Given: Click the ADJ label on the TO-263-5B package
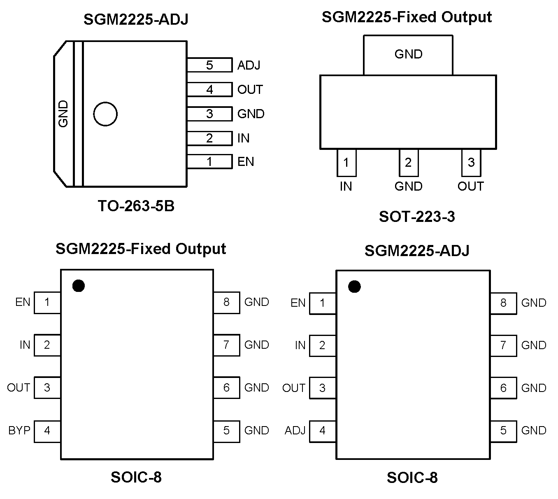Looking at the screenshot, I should pyautogui.click(x=249, y=65).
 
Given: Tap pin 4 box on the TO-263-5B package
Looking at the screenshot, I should pyautogui.click(x=209, y=89).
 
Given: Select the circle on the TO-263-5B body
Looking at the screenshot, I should pyautogui.click(x=105, y=114).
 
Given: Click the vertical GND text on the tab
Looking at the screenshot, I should pyautogui.click(x=63, y=114).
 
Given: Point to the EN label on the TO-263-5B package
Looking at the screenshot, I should pyautogui.click(x=246, y=161).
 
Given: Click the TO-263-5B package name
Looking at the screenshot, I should pyautogui.click(x=136, y=206).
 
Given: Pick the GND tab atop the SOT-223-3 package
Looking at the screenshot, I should pyautogui.click(x=408, y=54).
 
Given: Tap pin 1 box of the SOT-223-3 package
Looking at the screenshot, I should pyautogui.click(x=346, y=163).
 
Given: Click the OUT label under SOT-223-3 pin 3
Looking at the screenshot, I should pyautogui.click(x=470, y=187).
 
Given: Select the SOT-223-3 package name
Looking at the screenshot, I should pyautogui.click(x=417, y=217).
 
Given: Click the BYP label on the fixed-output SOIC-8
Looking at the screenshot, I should pyautogui.click(x=19, y=430).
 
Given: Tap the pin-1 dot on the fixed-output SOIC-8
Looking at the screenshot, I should pyautogui.click(x=78, y=285).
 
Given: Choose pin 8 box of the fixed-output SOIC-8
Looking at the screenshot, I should pyautogui.click(x=226, y=302).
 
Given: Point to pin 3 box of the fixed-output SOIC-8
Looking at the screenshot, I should pyautogui.click(x=47, y=387).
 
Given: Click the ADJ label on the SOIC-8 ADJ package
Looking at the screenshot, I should pyautogui.click(x=295, y=431).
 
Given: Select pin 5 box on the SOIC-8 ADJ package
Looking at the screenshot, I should pyautogui.click(x=503, y=431).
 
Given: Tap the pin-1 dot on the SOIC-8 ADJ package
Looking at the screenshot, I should pyautogui.click(x=354, y=287).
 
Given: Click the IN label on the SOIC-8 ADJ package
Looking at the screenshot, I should pyautogui.click(x=300, y=345).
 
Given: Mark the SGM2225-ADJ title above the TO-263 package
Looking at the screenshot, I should pyautogui.click(x=136, y=19).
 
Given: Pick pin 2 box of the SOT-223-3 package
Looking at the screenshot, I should pyautogui.click(x=408, y=163).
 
